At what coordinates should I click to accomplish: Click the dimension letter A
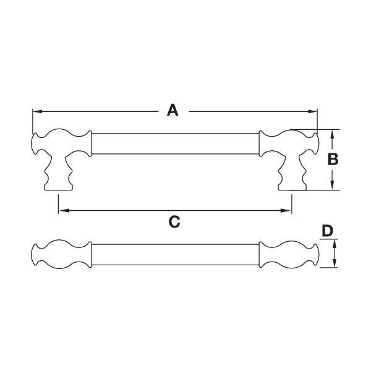pyautogui.click(x=173, y=110)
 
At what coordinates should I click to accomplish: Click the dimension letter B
pyautogui.click(x=333, y=159)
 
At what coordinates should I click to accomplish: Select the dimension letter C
pyautogui.click(x=174, y=222)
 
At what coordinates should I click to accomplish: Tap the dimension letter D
pyautogui.click(x=328, y=231)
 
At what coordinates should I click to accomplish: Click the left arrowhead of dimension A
pyautogui.click(x=37, y=111)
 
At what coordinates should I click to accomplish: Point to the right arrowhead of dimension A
pyautogui.click(x=312, y=111)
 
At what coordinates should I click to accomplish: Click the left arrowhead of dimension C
pyautogui.click(x=64, y=211)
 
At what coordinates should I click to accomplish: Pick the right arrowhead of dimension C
pyautogui.click(x=285, y=211)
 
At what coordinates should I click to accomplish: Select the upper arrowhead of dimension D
pyautogui.click(x=335, y=244)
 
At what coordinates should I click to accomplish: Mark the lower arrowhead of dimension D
pyautogui.click(x=335, y=263)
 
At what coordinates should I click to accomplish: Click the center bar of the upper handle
pyautogui.click(x=175, y=143)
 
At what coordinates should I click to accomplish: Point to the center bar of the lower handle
pyautogui.click(x=175, y=255)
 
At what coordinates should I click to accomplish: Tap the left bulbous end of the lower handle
pyautogui.click(x=61, y=255)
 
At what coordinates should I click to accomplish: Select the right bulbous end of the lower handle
pyautogui.click(x=289, y=255)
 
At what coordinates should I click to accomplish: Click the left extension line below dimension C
pyautogui.click(x=58, y=204)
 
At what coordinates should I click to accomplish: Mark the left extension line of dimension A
pyautogui.click(x=33, y=122)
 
